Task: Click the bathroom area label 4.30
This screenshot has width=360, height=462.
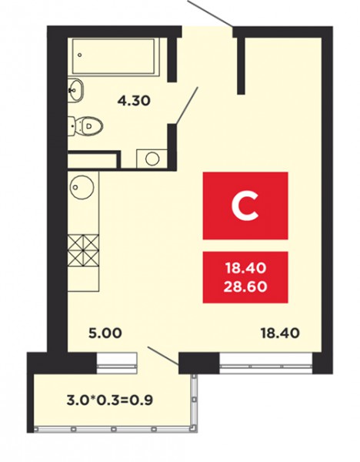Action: click(x=134, y=101)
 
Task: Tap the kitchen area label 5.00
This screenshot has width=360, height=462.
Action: click(x=105, y=333)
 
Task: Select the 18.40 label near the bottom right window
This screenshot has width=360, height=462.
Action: click(x=280, y=333)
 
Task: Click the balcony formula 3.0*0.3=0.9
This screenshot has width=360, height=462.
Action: click(x=110, y=400)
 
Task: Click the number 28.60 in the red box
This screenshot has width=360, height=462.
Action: click(x=245, y=286)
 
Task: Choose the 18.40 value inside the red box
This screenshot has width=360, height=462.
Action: click(x=245, y=268)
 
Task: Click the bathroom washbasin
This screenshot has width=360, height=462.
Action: click(x=76, y=90)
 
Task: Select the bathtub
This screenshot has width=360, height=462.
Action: click(x=114, y=56)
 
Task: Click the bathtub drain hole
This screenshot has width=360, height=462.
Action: click(x=80, y=55)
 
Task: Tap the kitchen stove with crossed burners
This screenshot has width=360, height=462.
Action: click(x=83, y=249)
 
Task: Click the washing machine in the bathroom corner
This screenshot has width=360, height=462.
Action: click(x=152, y=159)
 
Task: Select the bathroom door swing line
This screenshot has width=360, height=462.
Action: click(x=187, y=105)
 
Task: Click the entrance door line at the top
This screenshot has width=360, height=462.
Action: click(x=210, y=12)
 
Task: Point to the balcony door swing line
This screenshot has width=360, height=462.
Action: click(x=163, y=356)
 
